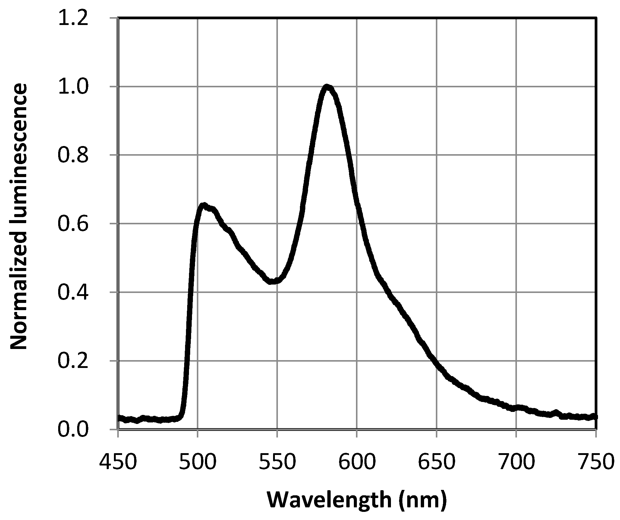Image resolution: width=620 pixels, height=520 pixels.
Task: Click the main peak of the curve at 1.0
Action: pos(327,87)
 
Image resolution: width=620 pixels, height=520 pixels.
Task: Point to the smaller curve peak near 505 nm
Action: pos(204,206)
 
